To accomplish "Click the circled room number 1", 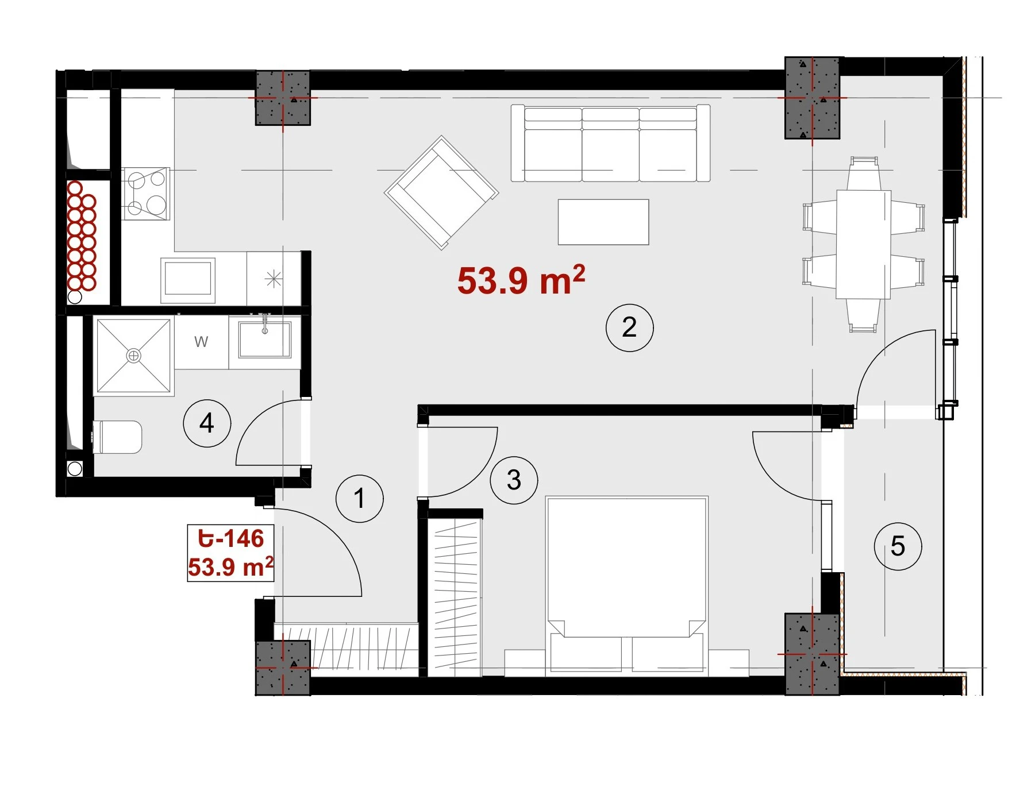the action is coord(360,498).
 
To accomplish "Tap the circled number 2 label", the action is coord(629,327).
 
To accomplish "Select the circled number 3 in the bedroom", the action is coord(514,480).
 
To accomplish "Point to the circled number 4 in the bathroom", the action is coord(207,423).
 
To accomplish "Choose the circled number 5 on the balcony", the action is coord(898,546).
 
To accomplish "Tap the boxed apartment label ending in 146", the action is coord(230,553).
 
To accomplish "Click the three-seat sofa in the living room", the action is coord(610,143).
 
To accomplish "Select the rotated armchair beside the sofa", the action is coord(441,192).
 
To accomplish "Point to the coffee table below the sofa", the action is coord(603,222).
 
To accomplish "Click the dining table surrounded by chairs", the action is coord(863,244).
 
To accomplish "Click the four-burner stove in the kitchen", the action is coord(146,194).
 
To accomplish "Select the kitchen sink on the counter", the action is coord(187,280).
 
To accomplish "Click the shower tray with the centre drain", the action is coord(133,356).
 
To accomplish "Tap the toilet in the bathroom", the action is coord(117,437).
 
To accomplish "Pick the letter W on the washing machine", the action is coord(201,342).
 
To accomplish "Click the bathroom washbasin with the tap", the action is coord(265,339).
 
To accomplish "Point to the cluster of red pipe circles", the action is coord(82,236).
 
